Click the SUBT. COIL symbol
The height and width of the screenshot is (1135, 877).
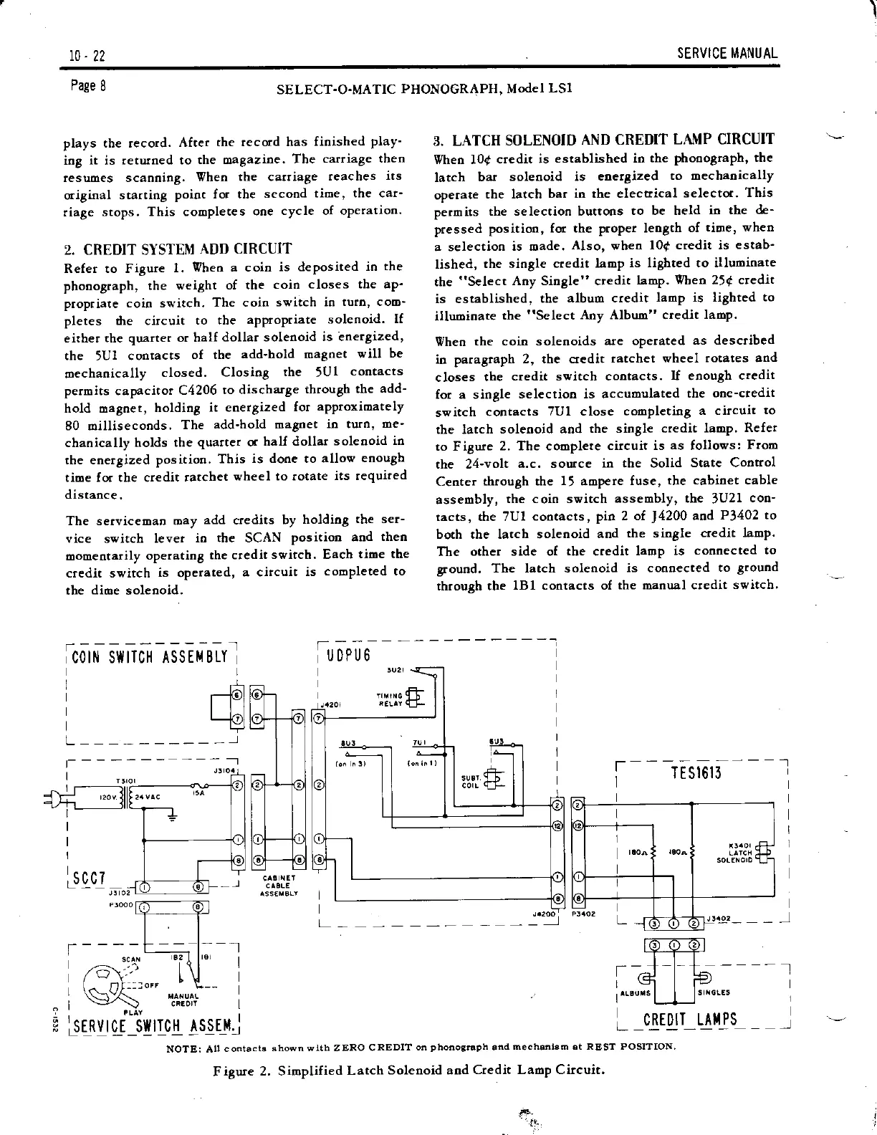tap(494, 780)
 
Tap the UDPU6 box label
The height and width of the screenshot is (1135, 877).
tap(349, 655)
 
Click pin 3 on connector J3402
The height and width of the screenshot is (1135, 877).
tap(655, 922)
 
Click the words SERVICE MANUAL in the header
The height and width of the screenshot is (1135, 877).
tap(727, 54)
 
